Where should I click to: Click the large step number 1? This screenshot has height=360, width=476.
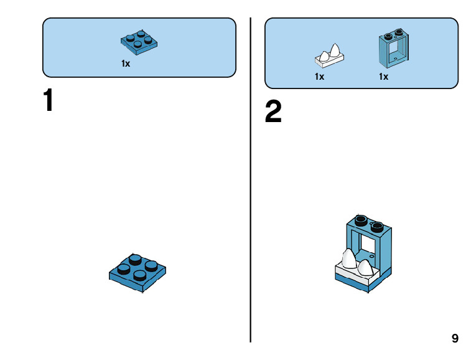click(49, 100)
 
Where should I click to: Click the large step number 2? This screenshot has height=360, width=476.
click(273, 111)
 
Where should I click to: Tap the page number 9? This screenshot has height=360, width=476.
click(455, 338)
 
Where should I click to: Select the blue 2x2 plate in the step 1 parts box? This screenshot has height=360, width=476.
click(139, 42)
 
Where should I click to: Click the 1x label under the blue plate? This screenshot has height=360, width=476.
click(126, 64)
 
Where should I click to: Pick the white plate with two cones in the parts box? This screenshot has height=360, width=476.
click(329, 56)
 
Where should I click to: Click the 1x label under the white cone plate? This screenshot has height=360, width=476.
click(319, 77)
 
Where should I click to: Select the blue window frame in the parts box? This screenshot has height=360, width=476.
click(394, 49)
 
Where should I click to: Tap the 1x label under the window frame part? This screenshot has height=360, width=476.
click(383, 77)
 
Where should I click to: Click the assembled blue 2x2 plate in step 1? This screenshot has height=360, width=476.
click(138, 273)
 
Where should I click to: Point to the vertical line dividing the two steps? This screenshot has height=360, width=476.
click(251, 180)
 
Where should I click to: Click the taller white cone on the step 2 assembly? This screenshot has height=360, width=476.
click(349, 259)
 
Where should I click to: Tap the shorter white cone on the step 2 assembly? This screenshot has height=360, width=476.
click(365, 268)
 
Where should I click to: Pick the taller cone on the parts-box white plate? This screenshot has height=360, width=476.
click(335, 50)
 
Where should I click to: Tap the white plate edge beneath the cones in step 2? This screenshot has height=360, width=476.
click(352, 275)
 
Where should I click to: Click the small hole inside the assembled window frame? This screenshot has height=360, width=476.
click(372, 256)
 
